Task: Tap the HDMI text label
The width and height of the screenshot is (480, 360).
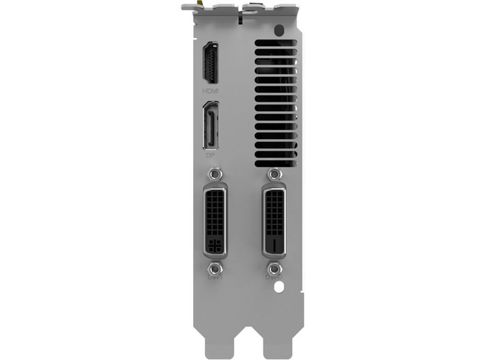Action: point(211,91)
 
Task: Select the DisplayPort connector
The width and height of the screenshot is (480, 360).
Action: point(210,126)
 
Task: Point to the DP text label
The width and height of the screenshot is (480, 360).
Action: point(210,154)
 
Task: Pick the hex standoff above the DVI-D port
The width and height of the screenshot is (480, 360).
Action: point(274,174)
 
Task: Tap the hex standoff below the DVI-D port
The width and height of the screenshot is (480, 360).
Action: point(274,268)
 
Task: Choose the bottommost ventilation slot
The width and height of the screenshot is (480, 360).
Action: point(276,163)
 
